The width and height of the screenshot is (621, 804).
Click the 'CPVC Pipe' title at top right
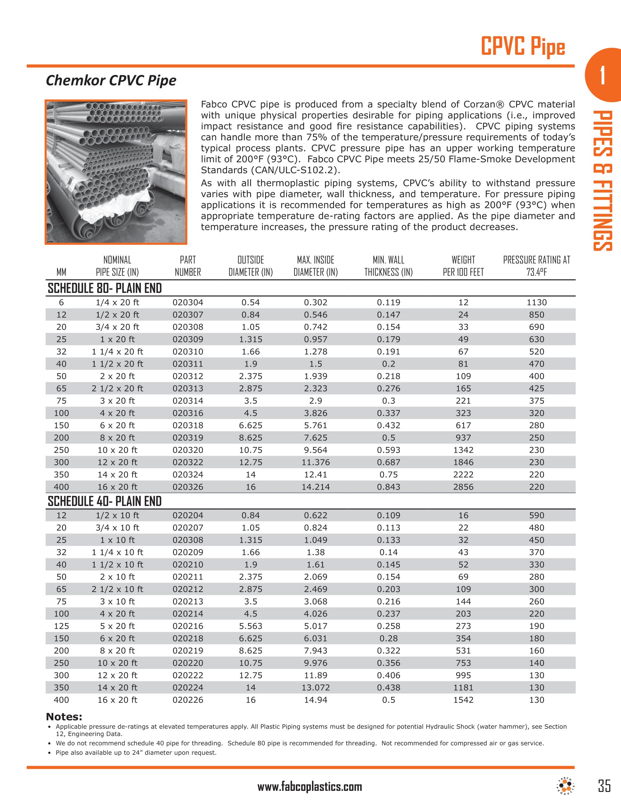click(x=523, y=47)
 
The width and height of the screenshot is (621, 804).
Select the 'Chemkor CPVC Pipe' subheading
click(x=111, y=80)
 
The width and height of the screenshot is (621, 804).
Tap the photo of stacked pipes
click(x=116, y=172)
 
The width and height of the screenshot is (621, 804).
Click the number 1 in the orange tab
click(x=602, y=76)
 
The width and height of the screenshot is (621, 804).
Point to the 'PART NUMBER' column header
click(x=188, y=266)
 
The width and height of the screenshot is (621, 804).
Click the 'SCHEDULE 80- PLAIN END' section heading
click(x=105, y=288)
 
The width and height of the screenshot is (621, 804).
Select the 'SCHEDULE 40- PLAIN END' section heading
click(x=105, y=501)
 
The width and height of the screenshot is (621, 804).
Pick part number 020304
click(x=188, y=302)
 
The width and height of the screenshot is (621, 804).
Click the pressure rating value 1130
click(x=536, y=302)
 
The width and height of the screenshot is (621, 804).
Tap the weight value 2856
click(x=463, y=487)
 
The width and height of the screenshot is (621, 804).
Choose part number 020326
click(x=188, y=487)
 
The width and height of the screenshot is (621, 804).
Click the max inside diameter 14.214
click(x=316, y=487)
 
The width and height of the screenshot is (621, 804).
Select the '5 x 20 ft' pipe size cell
click(x=117, y=626)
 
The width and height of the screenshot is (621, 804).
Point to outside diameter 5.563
click(x=251, y=626)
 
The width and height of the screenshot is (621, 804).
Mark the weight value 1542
click(x=463, y=700)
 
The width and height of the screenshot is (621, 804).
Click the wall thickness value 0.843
click(x=389, y=487)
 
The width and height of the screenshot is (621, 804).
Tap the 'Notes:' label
click(x=64, y=717)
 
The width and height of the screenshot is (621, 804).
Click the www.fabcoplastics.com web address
click(x=310, y=786)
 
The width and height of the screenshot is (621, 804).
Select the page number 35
click(x=604, y=786)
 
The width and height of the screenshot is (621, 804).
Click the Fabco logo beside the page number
click(x=565, y=785)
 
